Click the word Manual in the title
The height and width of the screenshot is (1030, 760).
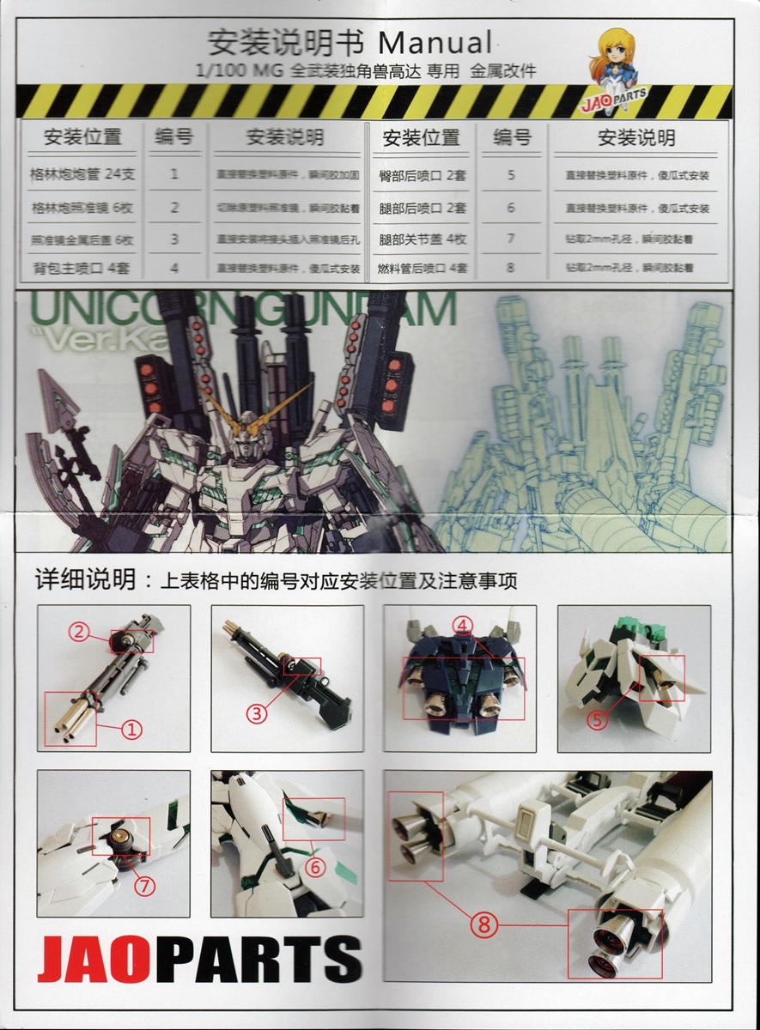(435, 41)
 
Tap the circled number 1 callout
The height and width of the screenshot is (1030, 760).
(131, 730)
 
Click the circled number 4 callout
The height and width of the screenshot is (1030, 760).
(463, 626)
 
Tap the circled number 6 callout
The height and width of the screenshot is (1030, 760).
(316, 868)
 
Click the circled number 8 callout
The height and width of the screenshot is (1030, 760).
(483, 925)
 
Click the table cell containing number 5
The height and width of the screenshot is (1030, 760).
(511, 175)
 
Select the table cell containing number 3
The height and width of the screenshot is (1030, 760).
(174, 239)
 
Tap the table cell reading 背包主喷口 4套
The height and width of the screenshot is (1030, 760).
(82, 269)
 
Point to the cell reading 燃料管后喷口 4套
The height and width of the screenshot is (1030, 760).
(423, 269)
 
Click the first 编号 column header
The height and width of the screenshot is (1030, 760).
(174, 136)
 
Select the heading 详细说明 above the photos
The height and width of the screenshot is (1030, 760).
(85, 580)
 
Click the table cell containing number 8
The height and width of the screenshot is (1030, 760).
(511, 268)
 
